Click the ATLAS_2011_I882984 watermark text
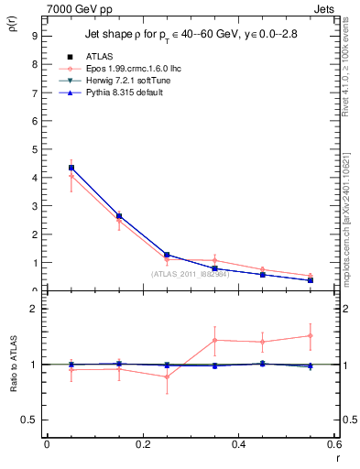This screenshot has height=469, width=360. tap(191, 274)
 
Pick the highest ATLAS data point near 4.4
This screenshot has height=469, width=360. tap(71, 168)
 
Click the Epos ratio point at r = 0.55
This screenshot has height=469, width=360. tap(311, 335)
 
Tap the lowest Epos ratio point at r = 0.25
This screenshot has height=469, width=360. tap(167, 376)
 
